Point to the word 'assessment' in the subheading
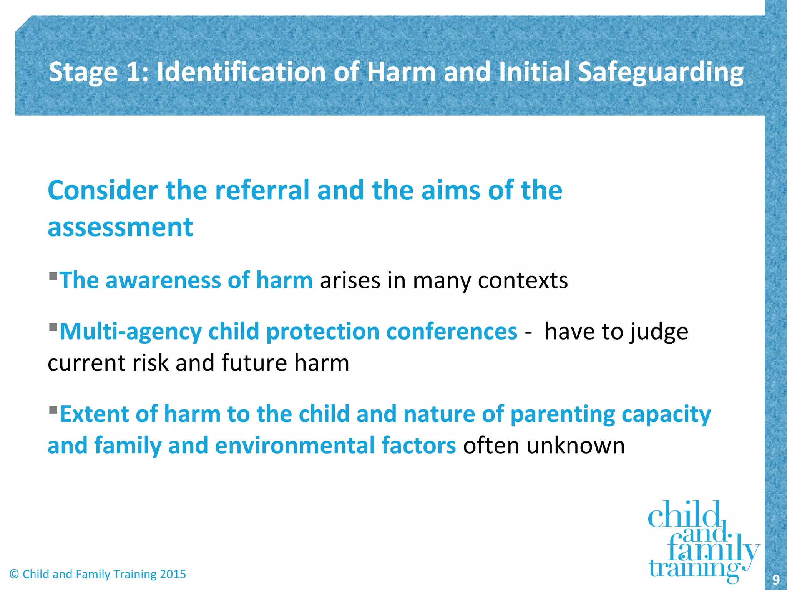pos(120,227)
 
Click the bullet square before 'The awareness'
pos(53,275)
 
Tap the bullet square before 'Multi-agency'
pos(53,327)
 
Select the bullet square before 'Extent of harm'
pos(53,409)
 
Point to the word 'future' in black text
pos(254,363)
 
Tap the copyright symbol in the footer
pos(14,574)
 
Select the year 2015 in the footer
pos(173,574)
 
